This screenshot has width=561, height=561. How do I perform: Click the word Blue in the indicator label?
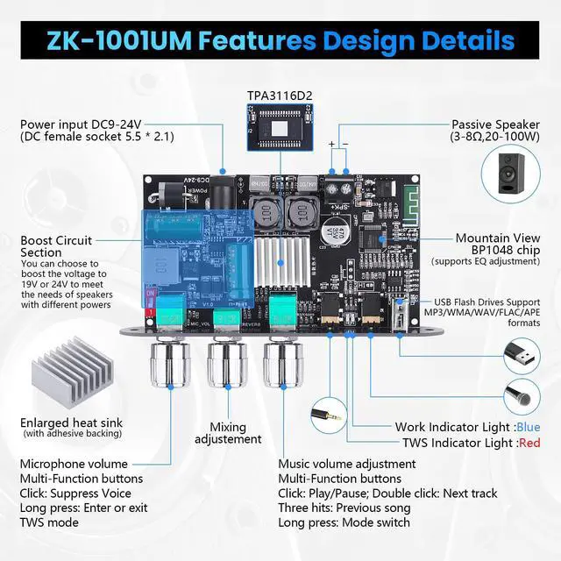tap(529, 428)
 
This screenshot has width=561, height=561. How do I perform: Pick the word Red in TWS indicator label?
tap(529, 444)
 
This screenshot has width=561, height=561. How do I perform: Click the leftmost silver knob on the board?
tap(166, 368)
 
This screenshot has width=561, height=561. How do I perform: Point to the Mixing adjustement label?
tap(228, 432)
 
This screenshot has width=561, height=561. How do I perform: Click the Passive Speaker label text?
tap(497, 124)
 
